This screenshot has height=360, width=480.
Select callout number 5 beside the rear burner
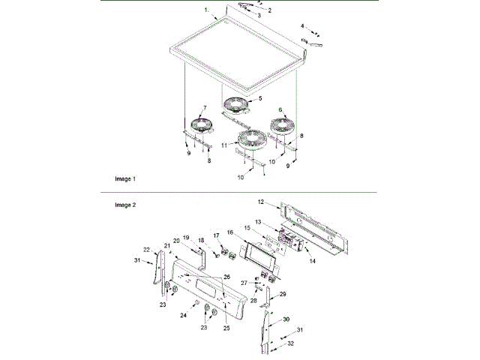coord(260,98)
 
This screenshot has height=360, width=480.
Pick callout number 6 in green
coord(280,109)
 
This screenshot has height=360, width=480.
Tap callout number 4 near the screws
coord(303,26)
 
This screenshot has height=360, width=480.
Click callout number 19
coord(187,237)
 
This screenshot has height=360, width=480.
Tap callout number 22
coord(148,250)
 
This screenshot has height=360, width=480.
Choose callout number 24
coord(183,316)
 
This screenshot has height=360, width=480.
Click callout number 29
coord(283,295)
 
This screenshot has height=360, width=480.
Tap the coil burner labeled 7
coord(201,126)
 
